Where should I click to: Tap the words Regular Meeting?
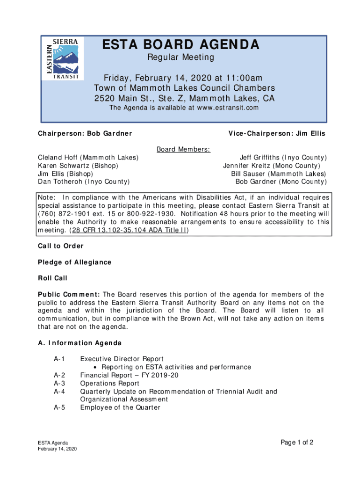(180, 58)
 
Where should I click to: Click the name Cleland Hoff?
(57, 158)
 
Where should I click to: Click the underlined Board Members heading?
(183, 149)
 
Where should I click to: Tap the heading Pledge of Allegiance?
(75, 262)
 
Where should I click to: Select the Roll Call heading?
(53, 278)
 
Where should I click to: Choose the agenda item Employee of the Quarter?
(120, 407)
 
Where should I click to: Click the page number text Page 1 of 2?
(297, 443)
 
